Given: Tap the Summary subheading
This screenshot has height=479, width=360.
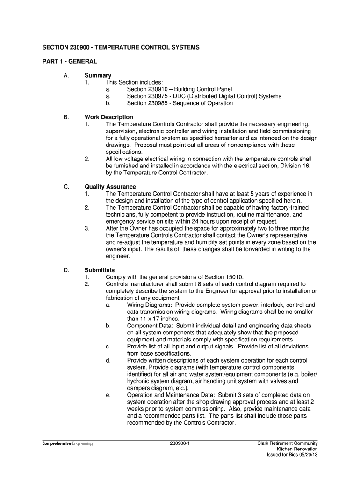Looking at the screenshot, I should coord(98,75).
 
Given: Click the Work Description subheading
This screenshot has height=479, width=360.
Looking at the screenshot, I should coord(108,117).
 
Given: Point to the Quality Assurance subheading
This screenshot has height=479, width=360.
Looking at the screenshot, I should coord(110,187).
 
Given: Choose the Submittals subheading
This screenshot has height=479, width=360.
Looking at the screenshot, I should coord(99,270).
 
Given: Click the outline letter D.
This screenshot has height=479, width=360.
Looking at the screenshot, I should coord(66,270).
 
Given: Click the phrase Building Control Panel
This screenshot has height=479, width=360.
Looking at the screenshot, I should coord(203,89).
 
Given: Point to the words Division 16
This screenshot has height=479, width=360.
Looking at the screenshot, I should coord(295,166).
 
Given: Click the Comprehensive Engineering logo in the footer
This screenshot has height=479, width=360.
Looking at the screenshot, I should coord(67,443).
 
